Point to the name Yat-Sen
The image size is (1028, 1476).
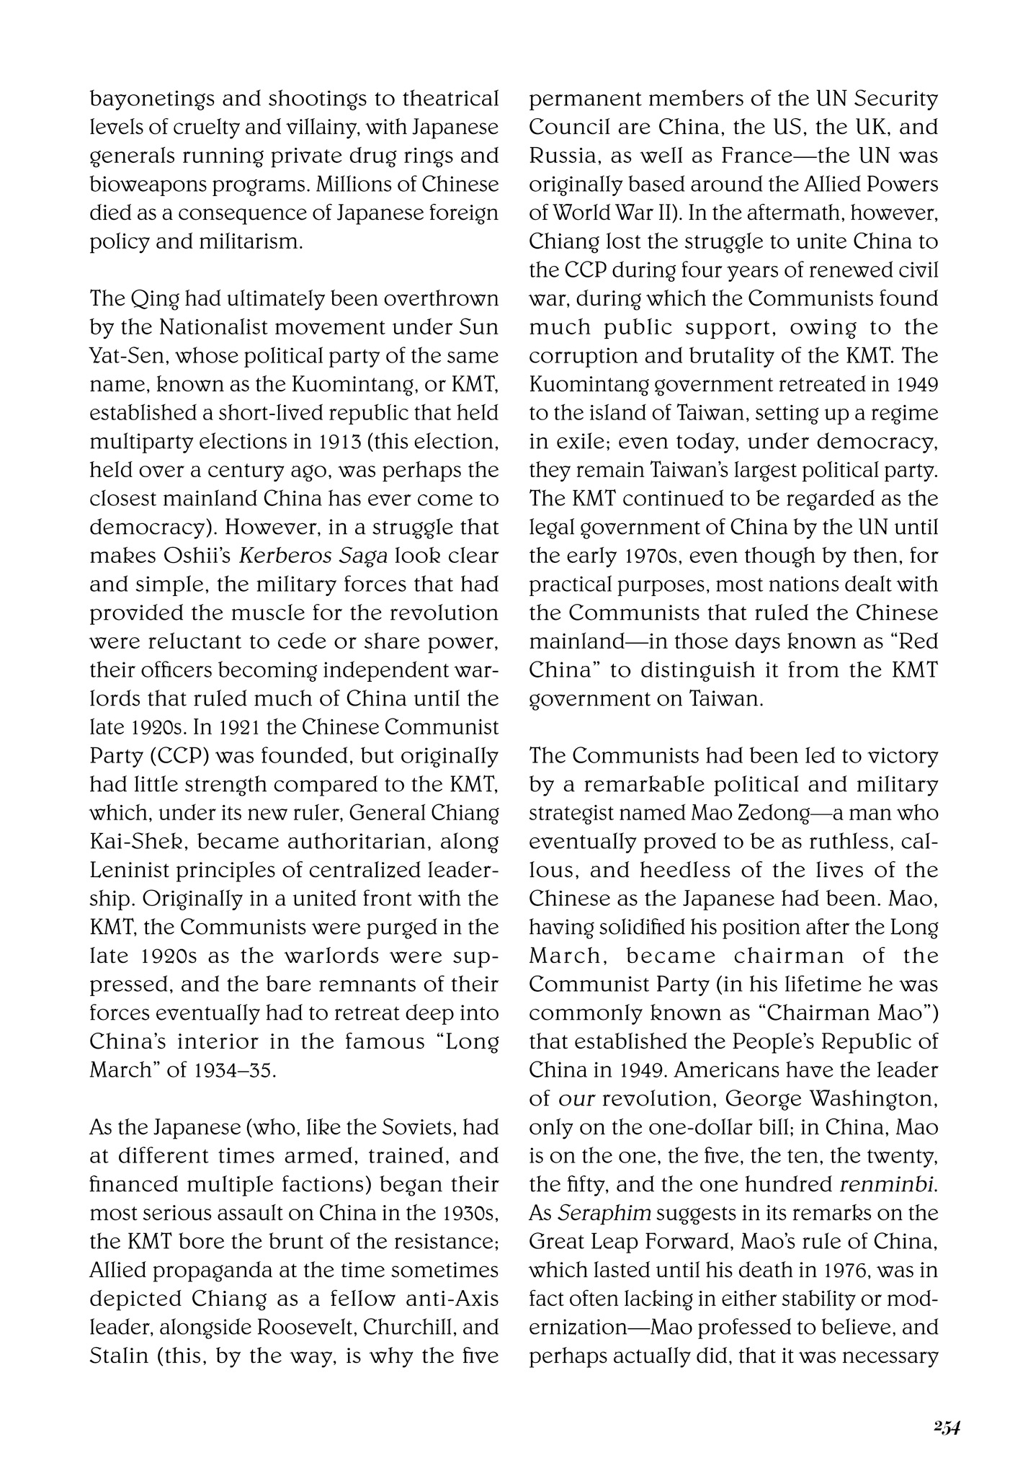115,356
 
